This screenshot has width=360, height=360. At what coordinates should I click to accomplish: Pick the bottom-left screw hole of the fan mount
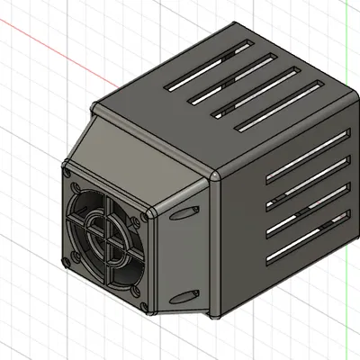(67, 261)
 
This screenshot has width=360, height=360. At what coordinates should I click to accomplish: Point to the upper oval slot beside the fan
(185, 212)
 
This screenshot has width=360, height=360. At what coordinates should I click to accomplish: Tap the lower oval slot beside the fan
(184, 293)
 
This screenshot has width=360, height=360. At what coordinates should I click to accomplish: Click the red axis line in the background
(45, 47)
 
